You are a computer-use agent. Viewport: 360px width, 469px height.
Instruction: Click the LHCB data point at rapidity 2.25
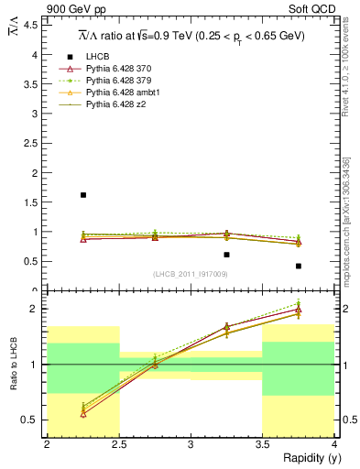82,195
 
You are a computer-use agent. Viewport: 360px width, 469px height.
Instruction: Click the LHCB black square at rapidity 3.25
226,255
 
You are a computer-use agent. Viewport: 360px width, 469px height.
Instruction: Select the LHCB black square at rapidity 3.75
298,267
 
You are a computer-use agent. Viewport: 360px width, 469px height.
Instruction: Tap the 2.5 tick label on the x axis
118,444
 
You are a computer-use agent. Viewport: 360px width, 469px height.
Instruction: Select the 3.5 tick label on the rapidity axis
262,444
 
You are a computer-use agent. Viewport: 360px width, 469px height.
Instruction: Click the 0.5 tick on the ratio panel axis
33,420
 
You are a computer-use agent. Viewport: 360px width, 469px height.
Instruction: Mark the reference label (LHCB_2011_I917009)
190,274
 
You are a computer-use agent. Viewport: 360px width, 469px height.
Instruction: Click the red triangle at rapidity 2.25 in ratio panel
82,414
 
